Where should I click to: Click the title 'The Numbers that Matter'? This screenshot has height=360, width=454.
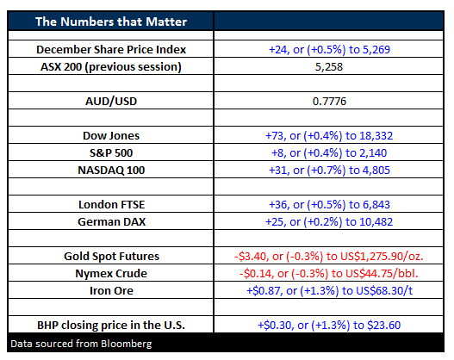click(x=111, y=22)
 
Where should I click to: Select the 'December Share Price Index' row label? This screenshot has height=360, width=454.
click(x=111, y=49)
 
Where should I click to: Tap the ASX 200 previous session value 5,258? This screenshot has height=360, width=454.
click(x=328, y=67)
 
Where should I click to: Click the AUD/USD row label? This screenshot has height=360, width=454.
click(x=111, y=102)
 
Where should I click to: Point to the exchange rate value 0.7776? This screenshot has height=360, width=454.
click(x=329, y=102)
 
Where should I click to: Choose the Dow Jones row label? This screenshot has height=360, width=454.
click(x=111, y=136)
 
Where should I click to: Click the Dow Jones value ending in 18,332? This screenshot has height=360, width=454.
click(x=329, y=136)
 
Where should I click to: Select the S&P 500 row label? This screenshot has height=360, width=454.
click(x=111, y=152)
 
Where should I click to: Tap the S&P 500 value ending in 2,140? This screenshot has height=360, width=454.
click(x=329, y=152)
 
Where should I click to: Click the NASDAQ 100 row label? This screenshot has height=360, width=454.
click(x=111, y=171)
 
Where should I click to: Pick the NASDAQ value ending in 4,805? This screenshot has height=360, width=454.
click(x=329, y=171)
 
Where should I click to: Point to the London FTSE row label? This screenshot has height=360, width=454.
click(x=111, y=205)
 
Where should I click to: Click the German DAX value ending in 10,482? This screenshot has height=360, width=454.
click(x=329, y=222)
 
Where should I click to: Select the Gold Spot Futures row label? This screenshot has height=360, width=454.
click(x=111, y=257)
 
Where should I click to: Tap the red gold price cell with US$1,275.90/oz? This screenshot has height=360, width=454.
click(x=328, y=257)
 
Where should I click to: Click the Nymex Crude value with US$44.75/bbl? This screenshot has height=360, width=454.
click(x=328, y=274)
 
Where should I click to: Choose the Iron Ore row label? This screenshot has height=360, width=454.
click(x=111, y=291)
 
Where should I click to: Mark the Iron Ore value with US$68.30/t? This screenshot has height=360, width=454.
click(x=329, y=291)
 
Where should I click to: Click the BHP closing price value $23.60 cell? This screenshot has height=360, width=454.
click(x=329, y=326)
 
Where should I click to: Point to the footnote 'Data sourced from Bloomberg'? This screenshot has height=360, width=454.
click(x=81, y=344)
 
